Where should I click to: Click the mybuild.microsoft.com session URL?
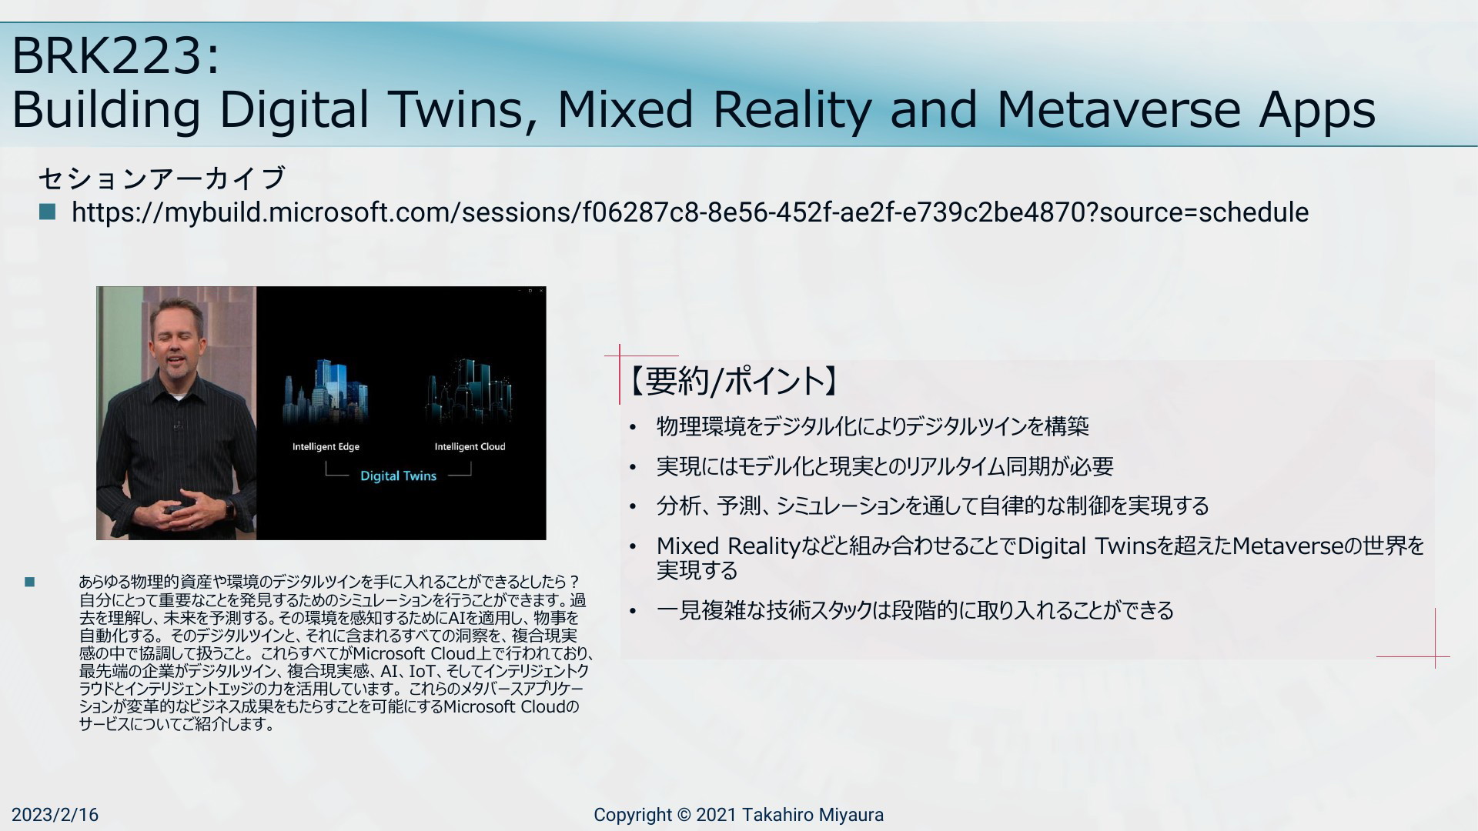(x=690, y=212)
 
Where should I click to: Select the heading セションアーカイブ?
(x=162, y=178)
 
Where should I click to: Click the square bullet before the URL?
(x=47, y=212)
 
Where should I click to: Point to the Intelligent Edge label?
(x=326, y=446)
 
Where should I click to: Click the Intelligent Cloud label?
(x=470, y=446)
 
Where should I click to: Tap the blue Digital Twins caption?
(x=398, y=476)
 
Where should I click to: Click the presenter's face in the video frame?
(x=178, y=339)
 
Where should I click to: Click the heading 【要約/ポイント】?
(x=733, y=380)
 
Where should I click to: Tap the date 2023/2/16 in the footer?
(x=55, y=815)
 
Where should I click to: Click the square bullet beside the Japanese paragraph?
(x=30, y=582)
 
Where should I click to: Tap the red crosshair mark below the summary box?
(x=1435, y=656)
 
